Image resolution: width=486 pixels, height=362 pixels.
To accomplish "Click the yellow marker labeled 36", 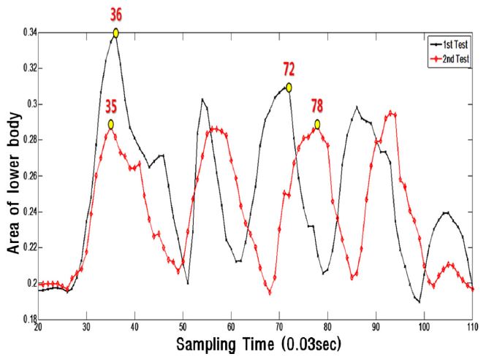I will tap(115, 33).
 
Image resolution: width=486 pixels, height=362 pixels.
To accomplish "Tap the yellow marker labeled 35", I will tap(110, 124).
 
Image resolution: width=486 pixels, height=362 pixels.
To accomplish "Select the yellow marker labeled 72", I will tap(289, 87).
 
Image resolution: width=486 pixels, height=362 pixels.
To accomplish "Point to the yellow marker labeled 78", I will tap(318, 124).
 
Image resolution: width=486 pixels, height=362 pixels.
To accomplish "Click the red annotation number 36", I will tap(115, 13).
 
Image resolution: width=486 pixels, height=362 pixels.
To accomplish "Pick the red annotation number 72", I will tap(289, 70).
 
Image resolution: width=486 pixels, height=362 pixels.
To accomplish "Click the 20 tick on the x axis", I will tap(38, 327).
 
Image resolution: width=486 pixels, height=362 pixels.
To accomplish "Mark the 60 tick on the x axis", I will tap(231, 327).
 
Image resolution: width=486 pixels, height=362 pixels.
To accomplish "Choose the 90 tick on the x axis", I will tap(376, 327).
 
